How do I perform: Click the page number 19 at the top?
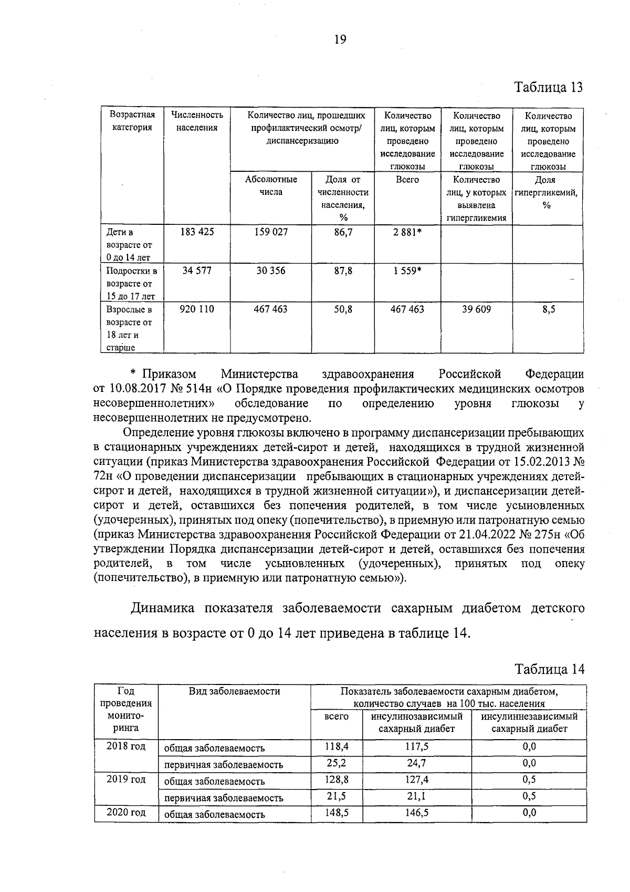[340, 40]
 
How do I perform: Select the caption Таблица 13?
[549, 87]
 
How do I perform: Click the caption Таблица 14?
[549, 669]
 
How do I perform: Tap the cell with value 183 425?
[197, 232]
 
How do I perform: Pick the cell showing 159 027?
[271, 232]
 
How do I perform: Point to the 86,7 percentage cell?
[343, 232]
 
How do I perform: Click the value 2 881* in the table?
[407, 232]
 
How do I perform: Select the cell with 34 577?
[197, 271]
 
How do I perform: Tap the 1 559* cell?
[407, 271]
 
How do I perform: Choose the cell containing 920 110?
[197, 309]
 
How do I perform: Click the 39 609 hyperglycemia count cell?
[476, 309]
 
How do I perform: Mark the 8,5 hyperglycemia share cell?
[549, 309]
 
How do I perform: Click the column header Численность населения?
[197, 121]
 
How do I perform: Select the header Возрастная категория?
[132, 121]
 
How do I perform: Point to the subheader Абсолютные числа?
[271, 185]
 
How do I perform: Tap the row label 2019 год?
[126, 779]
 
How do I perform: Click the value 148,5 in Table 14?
[337, 812]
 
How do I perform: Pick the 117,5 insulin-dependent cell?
[417, 746]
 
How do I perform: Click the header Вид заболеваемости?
[234, 691]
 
